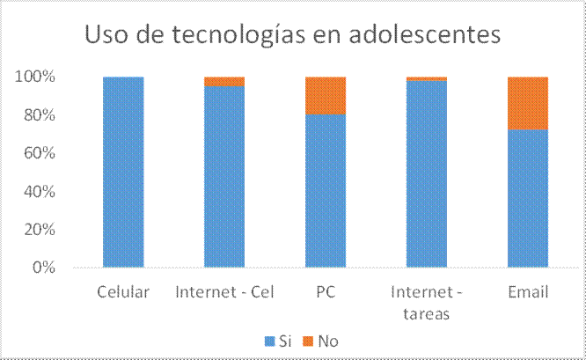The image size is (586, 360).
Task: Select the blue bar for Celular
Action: [x=123, y=172]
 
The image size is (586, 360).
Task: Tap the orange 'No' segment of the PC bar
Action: [x=326, y=95]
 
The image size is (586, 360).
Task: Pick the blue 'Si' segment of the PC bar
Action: [x=326, y=190]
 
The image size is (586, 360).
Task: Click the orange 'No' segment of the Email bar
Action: [x=528, y=103]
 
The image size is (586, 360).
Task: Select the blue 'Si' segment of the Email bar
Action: [x=528, y=198]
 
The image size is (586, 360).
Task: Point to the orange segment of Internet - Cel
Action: [x=224, y=81]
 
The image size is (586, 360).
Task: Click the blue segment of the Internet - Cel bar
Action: [x=224, y=176]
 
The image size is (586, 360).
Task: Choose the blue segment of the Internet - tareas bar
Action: [x=427, y=174]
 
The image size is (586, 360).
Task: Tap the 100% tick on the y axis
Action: [x=35, y=77]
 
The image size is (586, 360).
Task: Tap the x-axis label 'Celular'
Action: [x=123, y=291]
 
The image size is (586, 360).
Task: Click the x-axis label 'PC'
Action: [x=326, y=291]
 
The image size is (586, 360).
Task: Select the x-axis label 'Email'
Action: [x=528, y=291]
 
